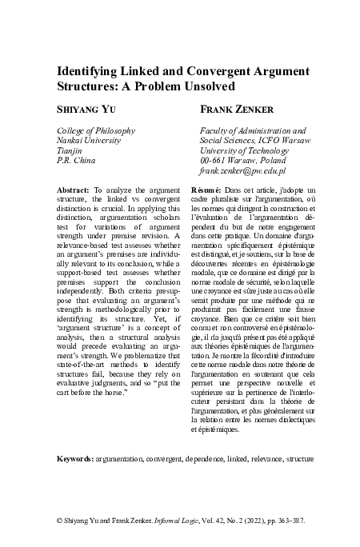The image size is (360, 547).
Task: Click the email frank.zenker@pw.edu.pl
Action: tap(242, 171)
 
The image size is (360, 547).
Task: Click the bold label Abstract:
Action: tap(74, 189)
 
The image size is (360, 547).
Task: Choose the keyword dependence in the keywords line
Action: tap(198, 461)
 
